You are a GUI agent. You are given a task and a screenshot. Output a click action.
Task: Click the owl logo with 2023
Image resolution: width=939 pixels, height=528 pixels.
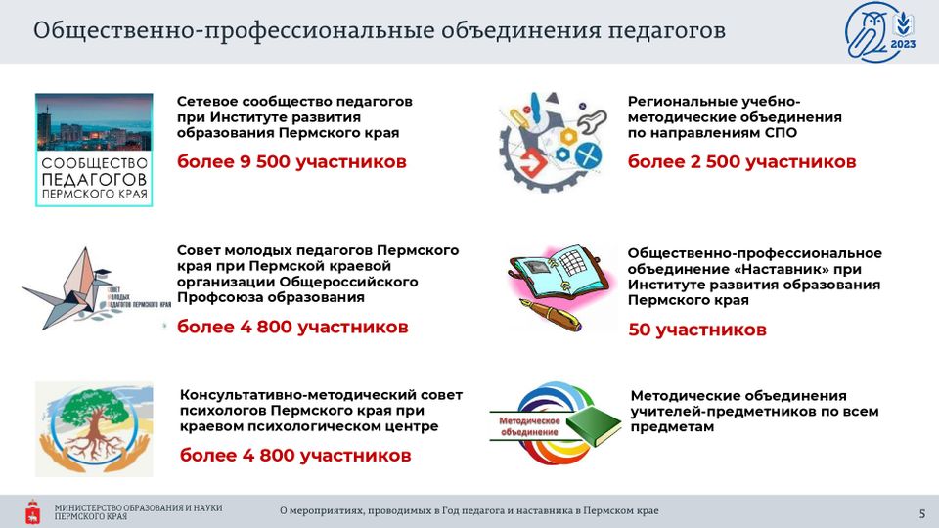880,31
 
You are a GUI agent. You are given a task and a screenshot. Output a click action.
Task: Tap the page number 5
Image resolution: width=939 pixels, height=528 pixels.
922,513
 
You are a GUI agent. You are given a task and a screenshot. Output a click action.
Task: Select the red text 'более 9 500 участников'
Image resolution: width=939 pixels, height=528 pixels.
291,161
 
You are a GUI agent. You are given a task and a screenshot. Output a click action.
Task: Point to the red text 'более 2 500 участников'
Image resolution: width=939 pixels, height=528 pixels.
742,161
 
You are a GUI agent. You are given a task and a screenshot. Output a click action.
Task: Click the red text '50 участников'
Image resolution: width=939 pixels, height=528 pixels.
697,330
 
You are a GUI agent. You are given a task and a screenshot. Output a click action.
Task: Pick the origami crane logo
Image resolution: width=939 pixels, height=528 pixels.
95,288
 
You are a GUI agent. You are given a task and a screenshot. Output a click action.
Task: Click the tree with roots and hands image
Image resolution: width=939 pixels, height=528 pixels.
94,429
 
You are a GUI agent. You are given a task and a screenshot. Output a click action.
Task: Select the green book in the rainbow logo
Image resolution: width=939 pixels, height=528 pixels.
594,425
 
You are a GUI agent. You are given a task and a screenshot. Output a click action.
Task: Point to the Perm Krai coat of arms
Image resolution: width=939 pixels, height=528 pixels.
33,511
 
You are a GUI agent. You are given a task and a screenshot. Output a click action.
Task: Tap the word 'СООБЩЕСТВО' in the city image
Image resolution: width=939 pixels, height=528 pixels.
94,163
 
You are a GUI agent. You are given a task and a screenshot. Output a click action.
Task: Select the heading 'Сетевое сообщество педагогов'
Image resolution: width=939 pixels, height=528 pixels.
294,101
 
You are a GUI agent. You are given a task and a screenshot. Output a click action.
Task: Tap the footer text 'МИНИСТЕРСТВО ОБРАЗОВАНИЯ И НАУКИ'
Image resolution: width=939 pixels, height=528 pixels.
138,508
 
